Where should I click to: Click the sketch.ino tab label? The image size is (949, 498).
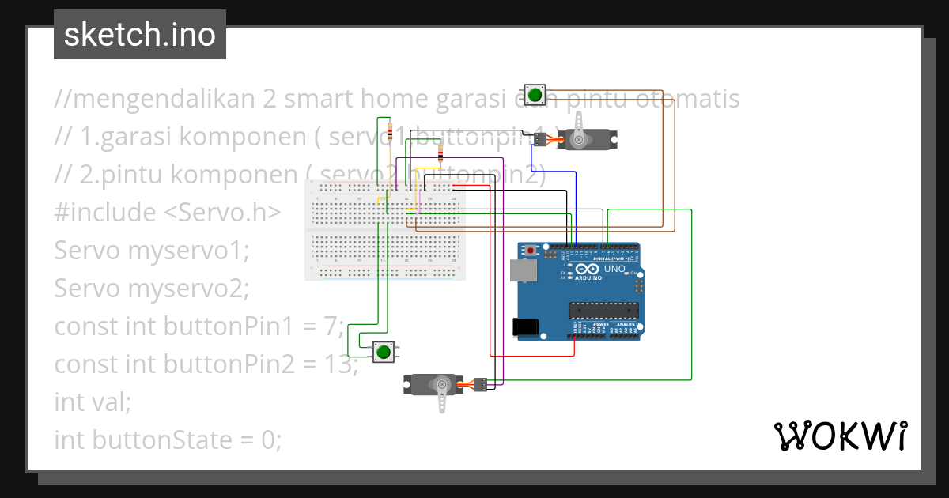coord(139,35)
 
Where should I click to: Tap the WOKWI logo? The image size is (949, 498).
coord(840,436)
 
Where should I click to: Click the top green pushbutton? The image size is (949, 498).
coord(535,95)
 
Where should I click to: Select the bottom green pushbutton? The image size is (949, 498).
coord(384,351)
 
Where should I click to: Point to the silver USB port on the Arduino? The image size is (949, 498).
coord(524,270)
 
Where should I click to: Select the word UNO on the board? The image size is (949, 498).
coord(614,270)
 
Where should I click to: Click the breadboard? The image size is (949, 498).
coord(385,230)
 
